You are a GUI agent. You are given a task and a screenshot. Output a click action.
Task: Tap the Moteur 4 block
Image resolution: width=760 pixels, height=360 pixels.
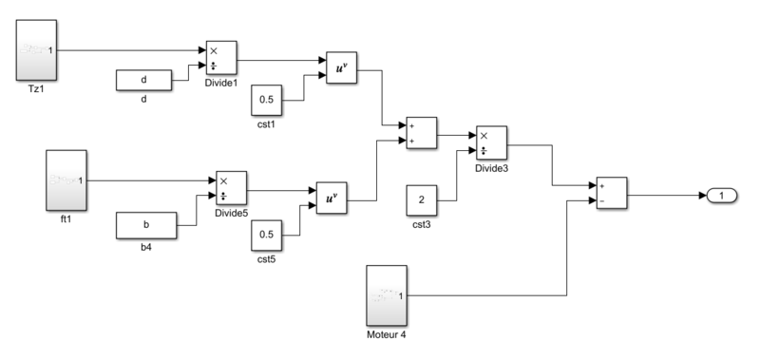click(x=387, y=296)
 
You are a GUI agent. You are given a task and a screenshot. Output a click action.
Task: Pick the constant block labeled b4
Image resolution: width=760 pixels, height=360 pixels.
click(x=144, y=226)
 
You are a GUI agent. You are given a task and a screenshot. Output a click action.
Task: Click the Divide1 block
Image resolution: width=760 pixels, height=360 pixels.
click(x=220, y=60)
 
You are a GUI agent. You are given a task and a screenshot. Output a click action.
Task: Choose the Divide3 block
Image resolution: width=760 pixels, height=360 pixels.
click(x=490, y=144)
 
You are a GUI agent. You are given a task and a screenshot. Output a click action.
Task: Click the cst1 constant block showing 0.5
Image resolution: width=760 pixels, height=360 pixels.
click(x=267, y=100)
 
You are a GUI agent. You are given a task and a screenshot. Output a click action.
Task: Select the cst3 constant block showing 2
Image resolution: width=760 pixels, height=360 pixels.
click(x=421, y=200)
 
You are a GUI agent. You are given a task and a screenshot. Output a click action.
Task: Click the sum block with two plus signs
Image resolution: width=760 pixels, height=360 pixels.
click(x=421, y=134)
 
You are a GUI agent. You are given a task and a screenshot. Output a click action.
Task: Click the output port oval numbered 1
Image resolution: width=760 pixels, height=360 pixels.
click(x=722, y=196)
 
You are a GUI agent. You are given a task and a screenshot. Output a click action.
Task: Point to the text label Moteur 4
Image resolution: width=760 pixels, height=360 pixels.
click(x=387, y=335)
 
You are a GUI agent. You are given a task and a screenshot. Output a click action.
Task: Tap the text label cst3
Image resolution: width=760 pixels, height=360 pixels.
click(x=421, y=225)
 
